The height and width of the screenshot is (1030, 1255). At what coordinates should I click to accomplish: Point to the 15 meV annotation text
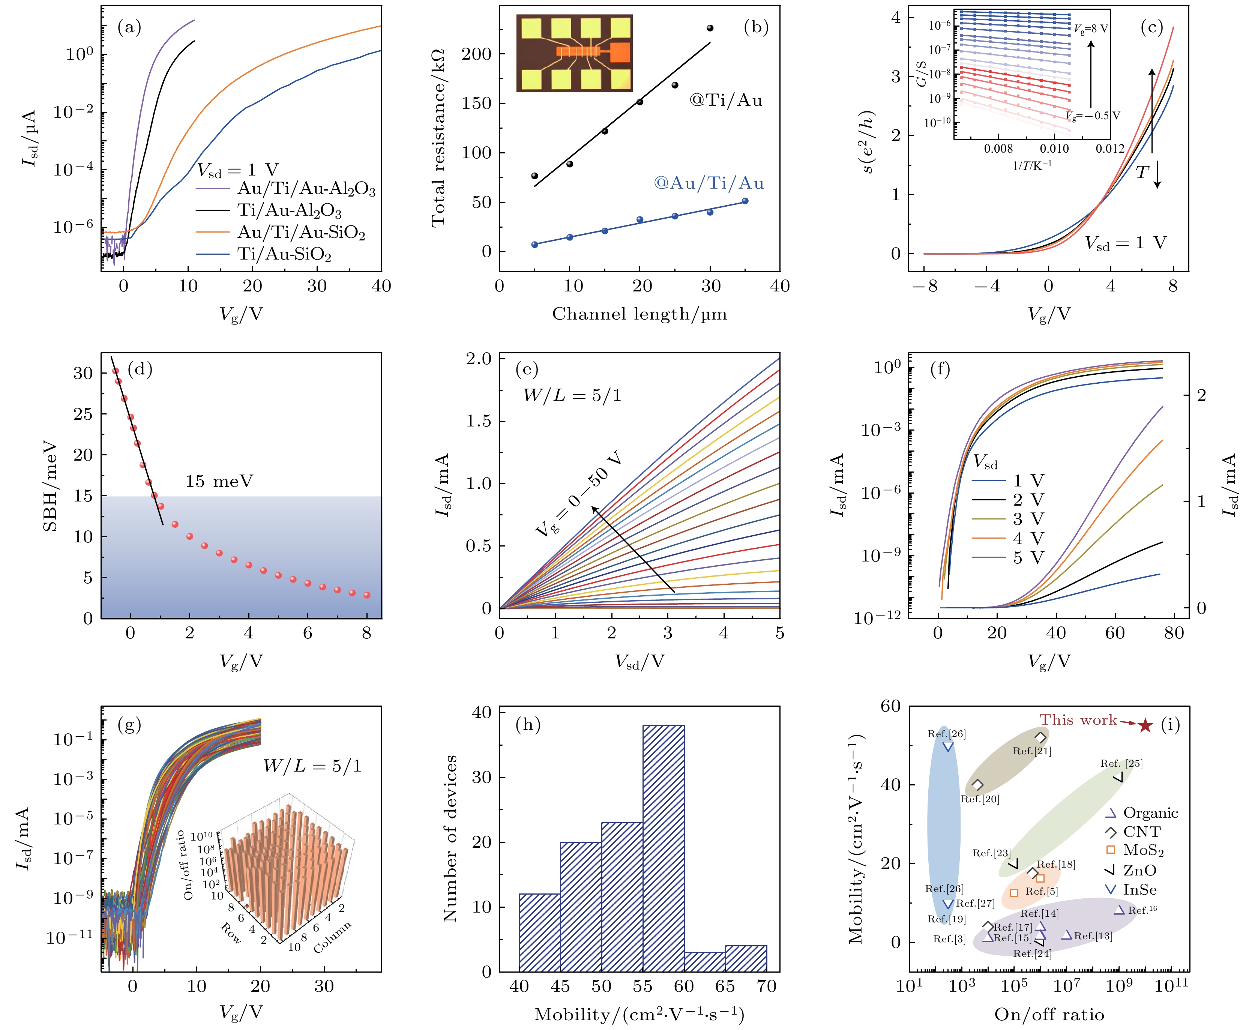(x=219, y=481)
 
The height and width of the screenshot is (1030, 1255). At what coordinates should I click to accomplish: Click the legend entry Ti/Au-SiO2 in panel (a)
(x=284, y=255)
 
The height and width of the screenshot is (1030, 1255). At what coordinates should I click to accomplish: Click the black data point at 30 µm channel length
(x=710, y=28)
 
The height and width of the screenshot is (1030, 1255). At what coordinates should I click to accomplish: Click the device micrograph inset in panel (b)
(x=574, y=53)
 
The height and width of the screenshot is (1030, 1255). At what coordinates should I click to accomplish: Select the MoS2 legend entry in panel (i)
(x=1142, y=850)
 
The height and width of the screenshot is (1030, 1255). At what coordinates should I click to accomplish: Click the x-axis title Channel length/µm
(x=639, y=314)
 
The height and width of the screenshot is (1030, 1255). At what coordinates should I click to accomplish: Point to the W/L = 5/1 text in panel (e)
(x=572, y=396)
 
